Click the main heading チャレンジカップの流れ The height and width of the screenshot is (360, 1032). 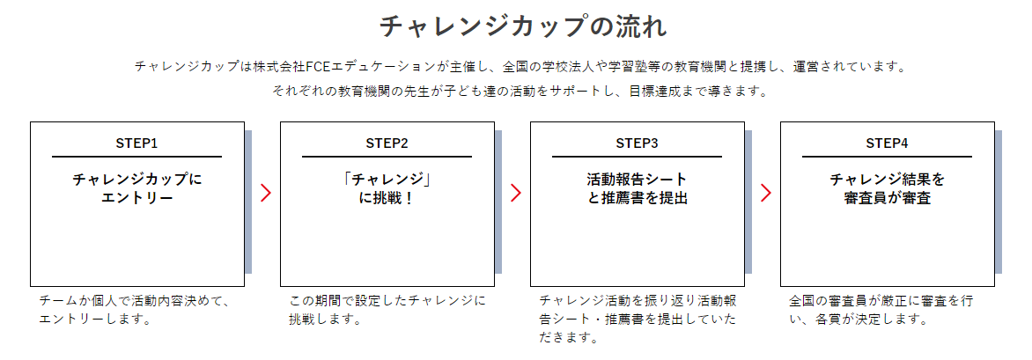[522, 26]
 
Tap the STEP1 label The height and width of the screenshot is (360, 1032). [136, 143]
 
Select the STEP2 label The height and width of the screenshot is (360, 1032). [387, 143]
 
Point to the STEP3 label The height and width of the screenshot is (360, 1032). [637, 143]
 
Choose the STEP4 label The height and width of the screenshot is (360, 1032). [887, 143]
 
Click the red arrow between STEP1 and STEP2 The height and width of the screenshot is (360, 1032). [266, 194]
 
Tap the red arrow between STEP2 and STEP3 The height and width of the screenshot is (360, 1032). [516, 194]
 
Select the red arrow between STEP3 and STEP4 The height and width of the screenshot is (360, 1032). [766, 194]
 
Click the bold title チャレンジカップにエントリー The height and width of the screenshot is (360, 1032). [136, 188]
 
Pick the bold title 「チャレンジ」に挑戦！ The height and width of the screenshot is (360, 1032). [387, 188]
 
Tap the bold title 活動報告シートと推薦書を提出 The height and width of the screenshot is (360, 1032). [637, 188]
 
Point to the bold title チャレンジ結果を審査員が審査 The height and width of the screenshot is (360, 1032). [887, 188]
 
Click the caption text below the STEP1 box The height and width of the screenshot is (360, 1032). [134, 310]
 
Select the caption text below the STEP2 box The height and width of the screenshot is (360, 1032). [387, 310]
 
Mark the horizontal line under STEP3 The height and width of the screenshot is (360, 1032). [637, 157]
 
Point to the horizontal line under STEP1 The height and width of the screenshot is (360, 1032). [136, 157]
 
